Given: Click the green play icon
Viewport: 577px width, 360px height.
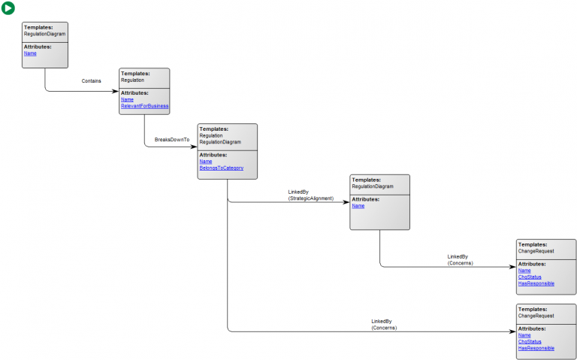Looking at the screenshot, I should (8, 8).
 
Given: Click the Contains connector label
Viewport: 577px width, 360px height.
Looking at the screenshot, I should (92, 80).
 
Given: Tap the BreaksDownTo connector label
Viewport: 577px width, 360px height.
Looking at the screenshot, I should (172, 140).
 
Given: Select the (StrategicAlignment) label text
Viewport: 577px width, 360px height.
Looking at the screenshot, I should (311, 198).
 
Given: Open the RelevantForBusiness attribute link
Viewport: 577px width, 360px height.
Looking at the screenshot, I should (144, 106).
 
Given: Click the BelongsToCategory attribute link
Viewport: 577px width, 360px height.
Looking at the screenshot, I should (221, 168).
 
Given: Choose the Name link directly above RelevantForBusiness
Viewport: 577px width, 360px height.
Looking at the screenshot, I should (127, 99).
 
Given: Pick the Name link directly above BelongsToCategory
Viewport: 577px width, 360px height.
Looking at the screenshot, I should (205, 162).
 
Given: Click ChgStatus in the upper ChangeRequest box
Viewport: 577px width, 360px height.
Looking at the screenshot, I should (530, 277).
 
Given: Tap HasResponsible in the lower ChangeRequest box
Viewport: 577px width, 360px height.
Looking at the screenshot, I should (536, 348).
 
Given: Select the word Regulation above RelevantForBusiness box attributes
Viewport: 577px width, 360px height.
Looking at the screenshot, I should (132, 80).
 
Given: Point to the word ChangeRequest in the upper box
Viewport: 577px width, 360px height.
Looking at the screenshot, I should (535, 251).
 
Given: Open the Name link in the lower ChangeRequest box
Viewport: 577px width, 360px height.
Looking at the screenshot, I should (524, 335).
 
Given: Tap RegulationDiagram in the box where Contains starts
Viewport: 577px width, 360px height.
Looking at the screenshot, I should (44, 34).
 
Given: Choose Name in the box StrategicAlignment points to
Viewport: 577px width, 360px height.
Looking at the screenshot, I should (358, 206).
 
